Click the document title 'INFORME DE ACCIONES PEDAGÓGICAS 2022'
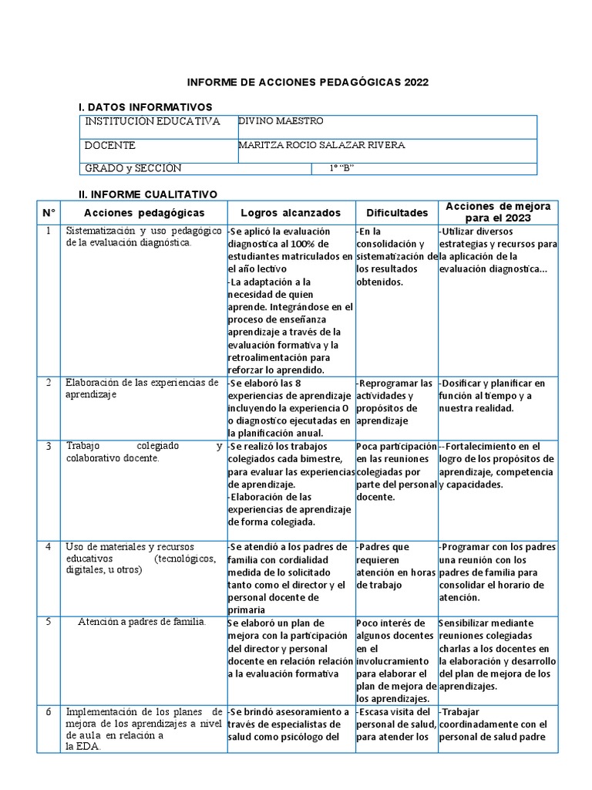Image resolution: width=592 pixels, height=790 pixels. tap(308, 83)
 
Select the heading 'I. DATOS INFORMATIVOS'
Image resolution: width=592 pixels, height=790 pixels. tap(146, 106)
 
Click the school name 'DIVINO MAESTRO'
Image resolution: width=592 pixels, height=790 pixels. tap(281, 121)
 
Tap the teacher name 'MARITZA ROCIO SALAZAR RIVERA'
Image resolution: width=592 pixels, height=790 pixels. tap(321, 145)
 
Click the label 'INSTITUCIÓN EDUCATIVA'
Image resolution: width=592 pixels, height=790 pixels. tap(153, 122)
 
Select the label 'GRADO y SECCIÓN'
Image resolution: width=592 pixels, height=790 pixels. tap(133, 169)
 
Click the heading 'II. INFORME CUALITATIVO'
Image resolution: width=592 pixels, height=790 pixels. tap(148, 194)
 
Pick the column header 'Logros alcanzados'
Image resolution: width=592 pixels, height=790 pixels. tap(290, 212)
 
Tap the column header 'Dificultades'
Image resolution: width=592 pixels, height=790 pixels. tap(396, 212)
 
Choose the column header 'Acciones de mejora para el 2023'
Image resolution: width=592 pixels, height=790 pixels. tap(498, 212)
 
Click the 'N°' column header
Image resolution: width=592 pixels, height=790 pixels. tap(49, 212)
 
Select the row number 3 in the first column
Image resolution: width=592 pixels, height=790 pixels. tap(49, 446)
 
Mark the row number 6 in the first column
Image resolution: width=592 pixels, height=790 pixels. tap(49, 711)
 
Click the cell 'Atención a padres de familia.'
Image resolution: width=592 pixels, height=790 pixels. tap(142, 623)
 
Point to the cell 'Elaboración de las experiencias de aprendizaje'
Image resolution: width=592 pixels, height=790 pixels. tap(142, 389)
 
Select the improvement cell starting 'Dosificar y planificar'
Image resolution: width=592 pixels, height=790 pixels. tap(496, 395)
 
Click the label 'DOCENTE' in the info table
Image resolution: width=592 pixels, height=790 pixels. tap(110, 145)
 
